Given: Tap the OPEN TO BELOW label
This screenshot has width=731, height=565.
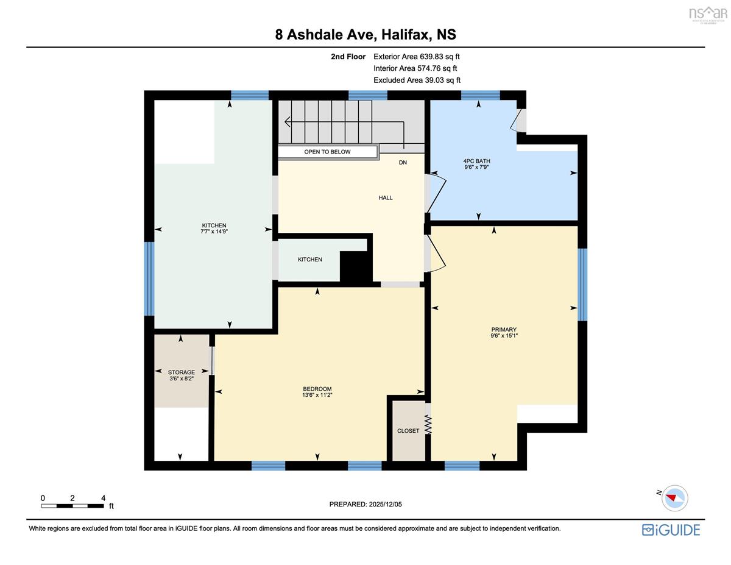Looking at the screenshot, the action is (327, 152).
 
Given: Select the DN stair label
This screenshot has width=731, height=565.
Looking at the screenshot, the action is (403, 163).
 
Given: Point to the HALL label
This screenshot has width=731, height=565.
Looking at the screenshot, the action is (386, 197).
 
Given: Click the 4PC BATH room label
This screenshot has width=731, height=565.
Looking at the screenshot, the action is (476, 161).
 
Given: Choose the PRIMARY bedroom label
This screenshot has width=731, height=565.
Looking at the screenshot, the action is (504, 330).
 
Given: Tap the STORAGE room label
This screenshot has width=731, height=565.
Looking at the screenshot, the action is (182, 372).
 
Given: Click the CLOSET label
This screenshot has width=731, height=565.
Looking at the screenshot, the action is (408, 431).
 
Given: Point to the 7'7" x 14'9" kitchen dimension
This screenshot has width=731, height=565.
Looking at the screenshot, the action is (214, 232).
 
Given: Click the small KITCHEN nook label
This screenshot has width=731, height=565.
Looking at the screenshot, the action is (310, 260).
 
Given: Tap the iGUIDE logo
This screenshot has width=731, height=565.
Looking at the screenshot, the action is (671, 530).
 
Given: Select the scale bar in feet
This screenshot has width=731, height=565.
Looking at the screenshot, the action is (72, 506).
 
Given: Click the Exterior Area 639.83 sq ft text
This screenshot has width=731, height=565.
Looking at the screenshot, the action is (417, 57).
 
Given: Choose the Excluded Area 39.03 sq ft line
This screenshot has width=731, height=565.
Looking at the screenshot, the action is (417, 80).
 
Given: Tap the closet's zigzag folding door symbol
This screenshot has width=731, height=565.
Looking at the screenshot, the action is (428, 424).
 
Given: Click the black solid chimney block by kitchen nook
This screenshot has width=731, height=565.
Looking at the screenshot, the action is (356, 266).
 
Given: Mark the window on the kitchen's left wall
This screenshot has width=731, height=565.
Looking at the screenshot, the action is (149, 279).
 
